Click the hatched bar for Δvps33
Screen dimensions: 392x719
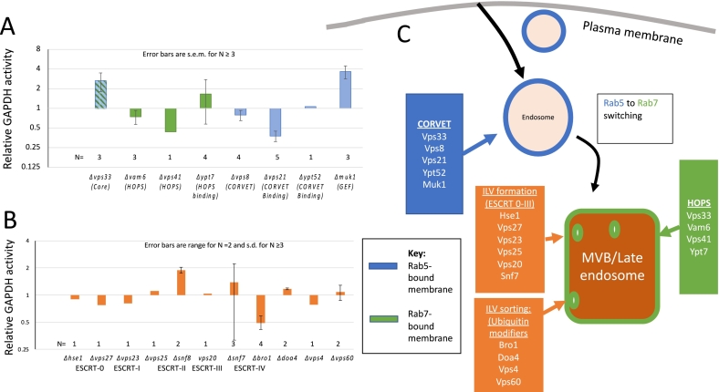(100, 94)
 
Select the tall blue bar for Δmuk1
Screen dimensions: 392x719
(346, 89)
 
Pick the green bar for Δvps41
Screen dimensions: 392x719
(171, 120)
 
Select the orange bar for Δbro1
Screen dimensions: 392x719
(260, 308)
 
